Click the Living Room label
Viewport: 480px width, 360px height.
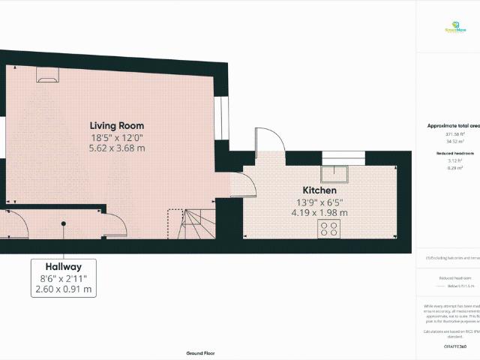point(117,125)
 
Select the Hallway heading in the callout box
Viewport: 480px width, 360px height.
point(64,266)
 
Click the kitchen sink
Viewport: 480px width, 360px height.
point(334,174)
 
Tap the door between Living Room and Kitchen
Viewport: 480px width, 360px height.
point(240,184)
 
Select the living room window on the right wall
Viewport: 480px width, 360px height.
point(223,116)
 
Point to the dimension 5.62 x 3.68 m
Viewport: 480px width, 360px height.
point(117,148)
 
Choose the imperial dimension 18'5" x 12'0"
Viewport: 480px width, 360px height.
point(117,137)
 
